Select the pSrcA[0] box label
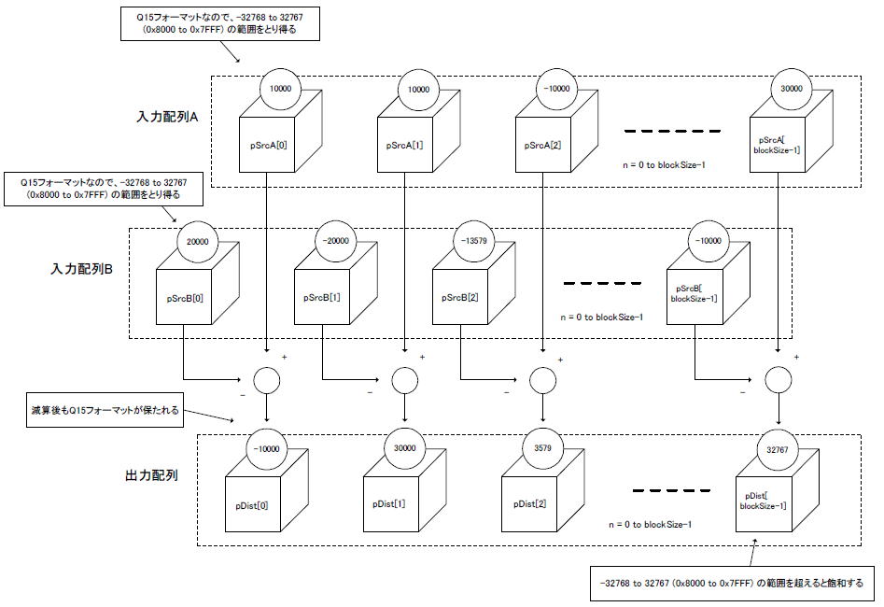(x=268, y=145)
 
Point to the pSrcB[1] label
(x=322, y=297)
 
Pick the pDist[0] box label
(x=251, y=505)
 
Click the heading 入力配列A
(x=167, y=117)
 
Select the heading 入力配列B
(x=82, y=269)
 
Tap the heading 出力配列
(x=151, y=475)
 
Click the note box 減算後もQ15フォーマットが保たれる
(x=105, y=410)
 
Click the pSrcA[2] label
(x=542, y=145)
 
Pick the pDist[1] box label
(x=389, y=503)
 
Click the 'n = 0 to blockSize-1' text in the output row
(x=650, y=525)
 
